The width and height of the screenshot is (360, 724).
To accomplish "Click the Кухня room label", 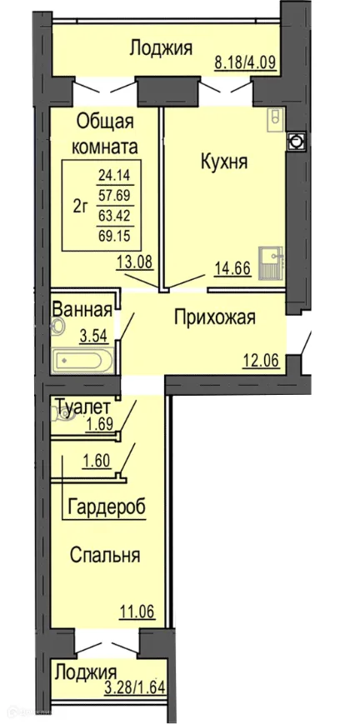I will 223,162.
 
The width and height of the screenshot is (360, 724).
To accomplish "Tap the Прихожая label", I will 214,317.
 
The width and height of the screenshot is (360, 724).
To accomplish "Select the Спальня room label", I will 104,556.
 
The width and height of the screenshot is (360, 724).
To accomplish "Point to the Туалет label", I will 83,407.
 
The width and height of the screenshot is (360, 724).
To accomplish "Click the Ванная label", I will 82,310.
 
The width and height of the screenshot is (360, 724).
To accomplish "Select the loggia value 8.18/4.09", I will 242,61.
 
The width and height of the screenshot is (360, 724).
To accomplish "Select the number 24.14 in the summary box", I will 114,176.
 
